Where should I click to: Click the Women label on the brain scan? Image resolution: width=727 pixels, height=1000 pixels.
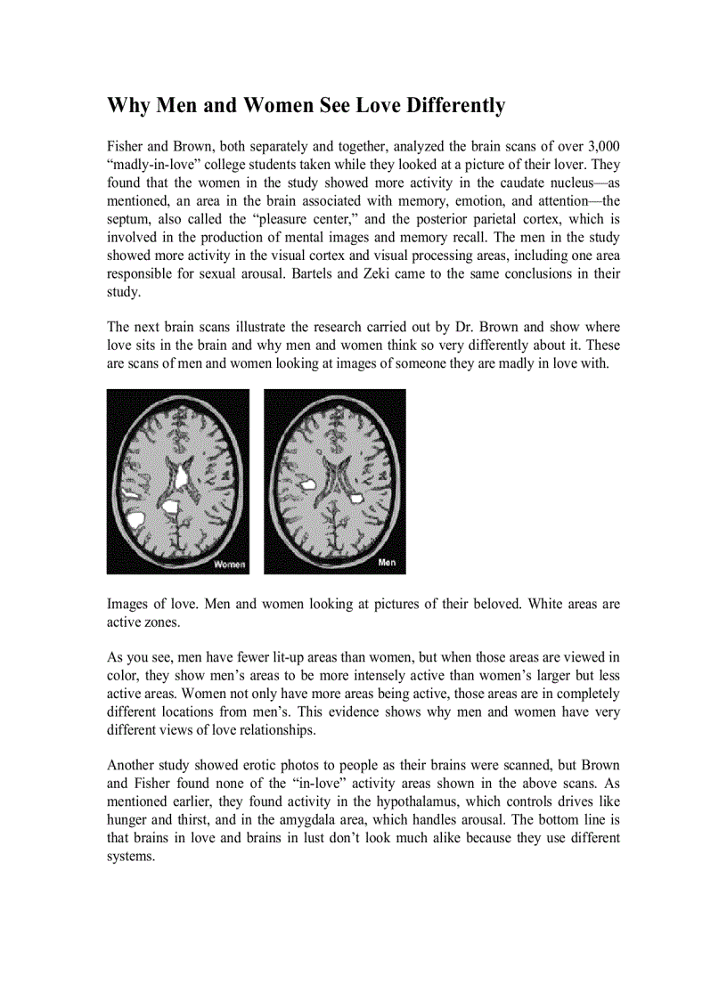click(228, 564)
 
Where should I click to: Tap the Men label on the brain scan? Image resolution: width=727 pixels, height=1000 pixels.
click(388, 563)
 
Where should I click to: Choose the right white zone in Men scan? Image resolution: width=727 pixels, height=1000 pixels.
click(355, 497)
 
